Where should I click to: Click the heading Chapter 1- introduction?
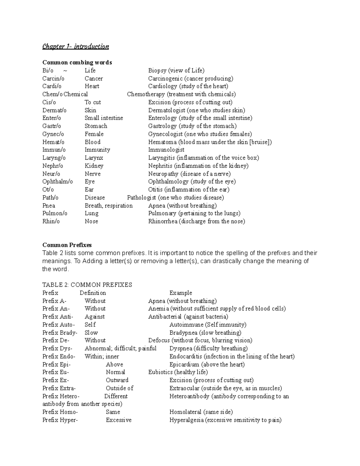76,47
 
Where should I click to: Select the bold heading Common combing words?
77,62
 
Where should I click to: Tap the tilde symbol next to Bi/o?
65,71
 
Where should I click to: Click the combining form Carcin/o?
53,79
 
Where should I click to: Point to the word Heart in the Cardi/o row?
92,86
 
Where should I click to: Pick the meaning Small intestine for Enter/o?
104,118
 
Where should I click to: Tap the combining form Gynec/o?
53,134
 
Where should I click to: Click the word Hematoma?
162,142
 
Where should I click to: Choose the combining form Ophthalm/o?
58,182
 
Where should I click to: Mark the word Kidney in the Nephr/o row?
94,166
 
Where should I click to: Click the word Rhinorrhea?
163,221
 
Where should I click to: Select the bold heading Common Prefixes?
67,245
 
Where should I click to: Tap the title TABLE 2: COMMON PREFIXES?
87,285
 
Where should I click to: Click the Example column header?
181,293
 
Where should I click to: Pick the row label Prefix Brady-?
60,333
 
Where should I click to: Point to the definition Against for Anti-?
94,317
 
